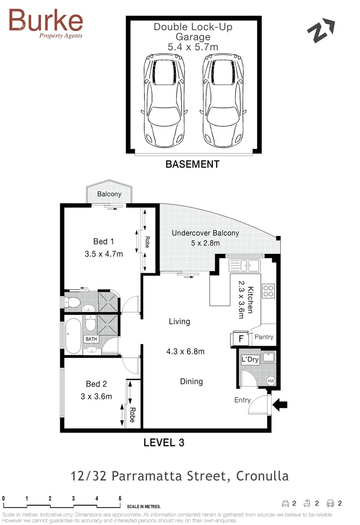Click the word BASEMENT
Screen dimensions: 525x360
(x=192, y=164)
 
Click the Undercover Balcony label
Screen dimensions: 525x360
(x=205, y=233)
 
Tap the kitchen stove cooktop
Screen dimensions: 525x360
(x=269, y=291)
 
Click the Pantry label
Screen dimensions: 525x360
(x=264, y=337)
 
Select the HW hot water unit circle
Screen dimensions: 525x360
(x=271, y=381)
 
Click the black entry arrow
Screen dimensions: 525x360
(x=281, y=403)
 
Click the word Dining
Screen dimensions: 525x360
(x=191, y=382)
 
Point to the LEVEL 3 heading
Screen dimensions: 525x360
(x=164, y=442)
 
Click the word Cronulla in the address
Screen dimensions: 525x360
(x=262, y=476)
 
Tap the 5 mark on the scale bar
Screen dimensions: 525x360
(x=120, y=498)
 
